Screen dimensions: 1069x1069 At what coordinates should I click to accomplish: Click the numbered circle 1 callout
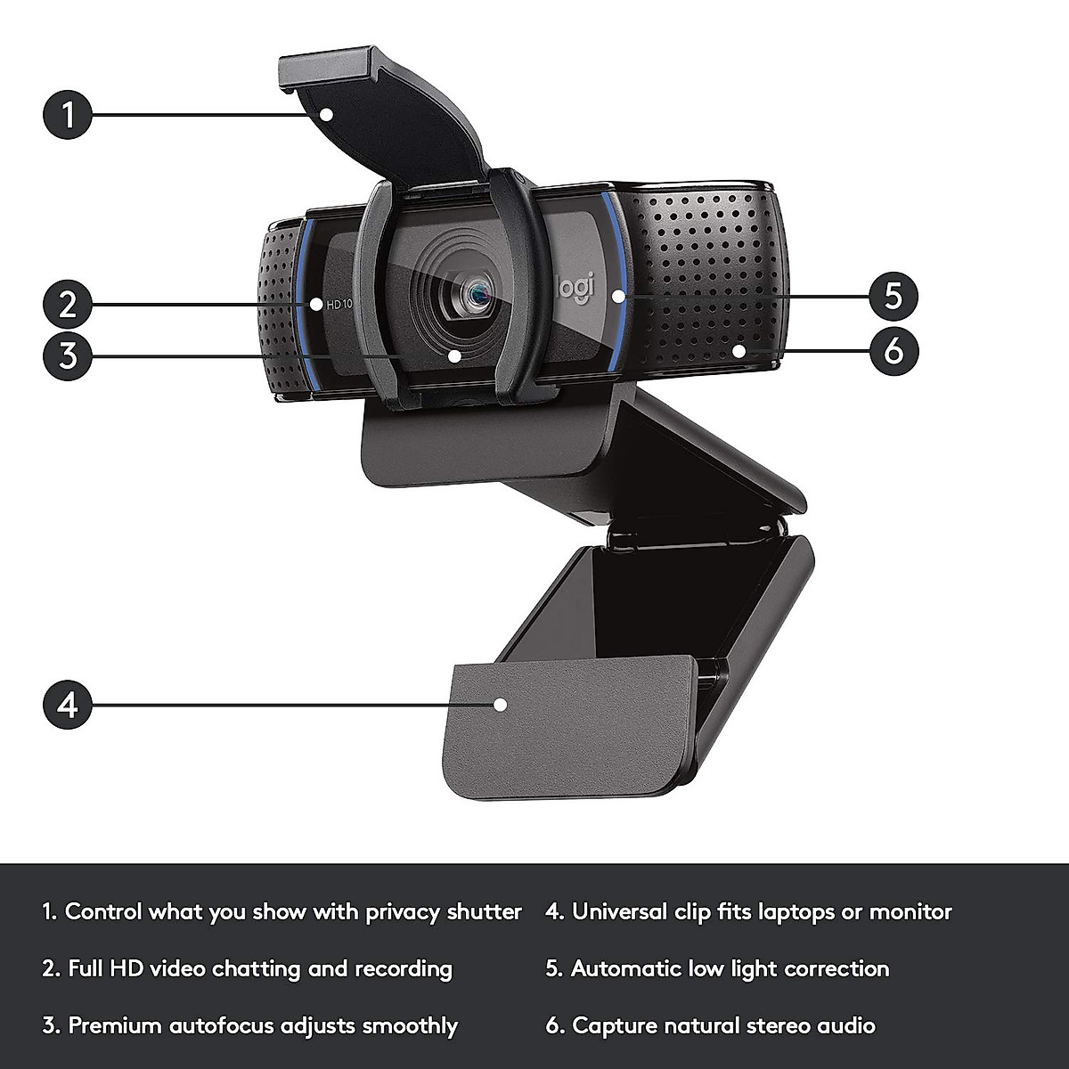tap(67, 115)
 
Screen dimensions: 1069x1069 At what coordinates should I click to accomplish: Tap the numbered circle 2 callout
tap(67, 304)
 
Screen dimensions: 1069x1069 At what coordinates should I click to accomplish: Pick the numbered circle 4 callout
tap(67, 704)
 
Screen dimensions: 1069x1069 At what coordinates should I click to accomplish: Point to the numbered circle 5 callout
tap(894, 294)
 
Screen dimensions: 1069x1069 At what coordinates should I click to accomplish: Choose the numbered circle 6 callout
tap(894, 350)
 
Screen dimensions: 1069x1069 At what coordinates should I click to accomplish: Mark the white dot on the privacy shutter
tap(328, 114)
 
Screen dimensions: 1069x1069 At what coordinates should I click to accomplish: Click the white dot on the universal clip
tap(500, 704)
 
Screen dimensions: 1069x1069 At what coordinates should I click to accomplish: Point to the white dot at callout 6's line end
tap(738, 350)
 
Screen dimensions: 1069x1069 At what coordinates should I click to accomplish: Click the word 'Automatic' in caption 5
tap(625, 969)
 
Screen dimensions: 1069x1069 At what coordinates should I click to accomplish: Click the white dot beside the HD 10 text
tap(316, 304)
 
